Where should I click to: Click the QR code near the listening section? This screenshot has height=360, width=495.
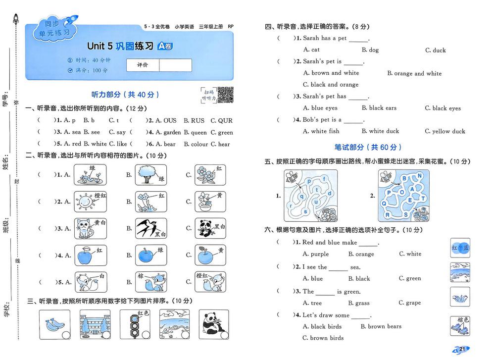coord(225,95)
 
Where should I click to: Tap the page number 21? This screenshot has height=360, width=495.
coord(462,349)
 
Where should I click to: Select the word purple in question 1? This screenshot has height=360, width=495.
coord(319,254)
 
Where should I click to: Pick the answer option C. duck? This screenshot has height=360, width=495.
coord(435,50)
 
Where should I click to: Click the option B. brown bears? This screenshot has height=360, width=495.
coord(381,326)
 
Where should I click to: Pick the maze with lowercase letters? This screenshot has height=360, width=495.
coord(310,196)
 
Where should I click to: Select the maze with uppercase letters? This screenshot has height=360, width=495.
coord(404,196)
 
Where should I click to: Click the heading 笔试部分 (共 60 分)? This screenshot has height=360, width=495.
coord(367,147)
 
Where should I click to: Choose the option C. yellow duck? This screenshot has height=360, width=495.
coord(445,131)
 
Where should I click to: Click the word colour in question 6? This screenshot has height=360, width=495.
coord(199,144)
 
